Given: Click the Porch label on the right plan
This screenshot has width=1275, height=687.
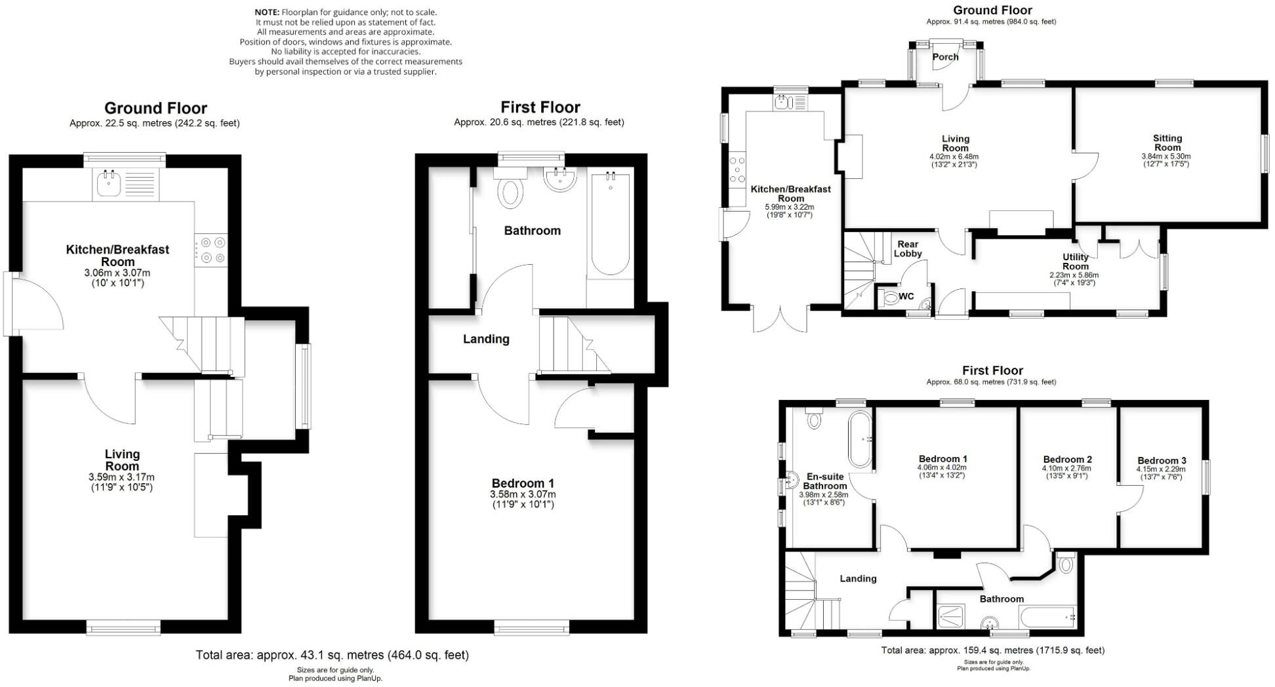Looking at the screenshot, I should tap(945, 57).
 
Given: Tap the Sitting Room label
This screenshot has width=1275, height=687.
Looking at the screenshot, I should tap(1167, 143).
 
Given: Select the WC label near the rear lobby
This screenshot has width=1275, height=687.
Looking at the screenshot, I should tap(906, 296).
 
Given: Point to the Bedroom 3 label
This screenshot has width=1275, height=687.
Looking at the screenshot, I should tap(1162, 461).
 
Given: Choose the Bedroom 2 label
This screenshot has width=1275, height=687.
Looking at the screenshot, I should tap(1067, 460).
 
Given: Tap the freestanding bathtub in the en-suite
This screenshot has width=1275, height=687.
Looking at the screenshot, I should tap(860, 439).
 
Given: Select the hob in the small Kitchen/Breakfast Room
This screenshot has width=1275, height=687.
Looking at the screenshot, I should tap(211, 250).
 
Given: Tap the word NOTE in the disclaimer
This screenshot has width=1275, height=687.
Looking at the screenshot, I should tap(266, 12).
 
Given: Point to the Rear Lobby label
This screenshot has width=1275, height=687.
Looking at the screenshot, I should tap(908, 249).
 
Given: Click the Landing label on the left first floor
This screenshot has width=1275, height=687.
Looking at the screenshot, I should tap(486, 339).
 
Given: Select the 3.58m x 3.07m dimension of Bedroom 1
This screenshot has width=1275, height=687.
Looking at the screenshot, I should tap(523, 494).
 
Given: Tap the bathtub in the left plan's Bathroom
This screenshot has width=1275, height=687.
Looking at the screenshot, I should tap(610, 223).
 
